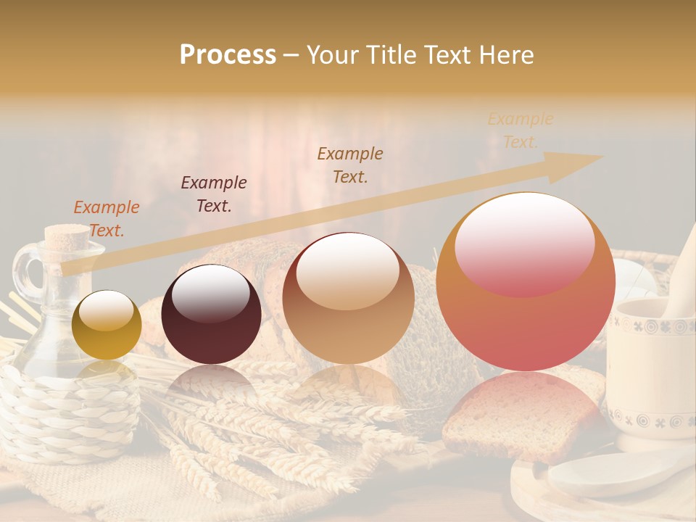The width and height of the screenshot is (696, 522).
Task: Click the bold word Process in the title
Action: (x=228, y=54)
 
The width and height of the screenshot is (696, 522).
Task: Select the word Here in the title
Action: (x=506, y=54)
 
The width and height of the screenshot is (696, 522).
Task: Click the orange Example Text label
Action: (x=107, y=218)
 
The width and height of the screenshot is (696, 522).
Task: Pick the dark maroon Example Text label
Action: (x=214, y=194)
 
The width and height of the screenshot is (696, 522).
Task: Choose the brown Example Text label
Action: (x=350, y=165)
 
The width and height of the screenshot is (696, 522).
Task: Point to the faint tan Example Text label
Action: (x=521, y=130)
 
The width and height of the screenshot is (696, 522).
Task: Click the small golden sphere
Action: (x=107, y=325)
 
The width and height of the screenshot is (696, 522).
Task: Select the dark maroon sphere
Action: (x=211, y=314)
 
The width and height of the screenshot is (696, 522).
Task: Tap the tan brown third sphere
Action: (x=348, y=297)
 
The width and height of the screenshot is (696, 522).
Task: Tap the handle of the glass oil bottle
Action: (x=26, y=272)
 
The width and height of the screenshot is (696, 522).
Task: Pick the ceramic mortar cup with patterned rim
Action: (x=652, y=362)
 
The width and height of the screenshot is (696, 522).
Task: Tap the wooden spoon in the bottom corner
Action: (x=616, y=471)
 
